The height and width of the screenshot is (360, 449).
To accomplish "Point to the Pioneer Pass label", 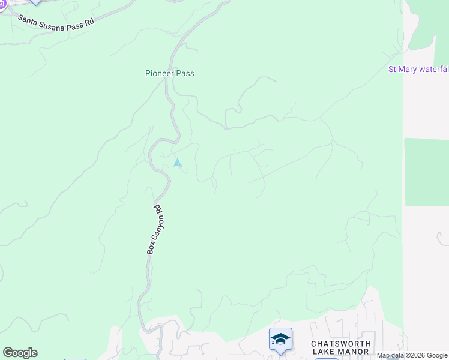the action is (170, 74).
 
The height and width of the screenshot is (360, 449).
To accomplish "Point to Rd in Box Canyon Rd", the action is (158, 211).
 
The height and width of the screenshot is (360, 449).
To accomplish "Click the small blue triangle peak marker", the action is (177, 163).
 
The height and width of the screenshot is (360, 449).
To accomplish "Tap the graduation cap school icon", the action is (280, 340).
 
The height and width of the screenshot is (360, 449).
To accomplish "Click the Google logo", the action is (20, 353).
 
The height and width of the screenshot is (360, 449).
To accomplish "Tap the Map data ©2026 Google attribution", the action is (412, 356).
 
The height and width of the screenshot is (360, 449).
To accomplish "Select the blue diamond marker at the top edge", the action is (36, 2).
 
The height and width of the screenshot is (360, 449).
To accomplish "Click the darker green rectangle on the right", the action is (426, 172).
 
